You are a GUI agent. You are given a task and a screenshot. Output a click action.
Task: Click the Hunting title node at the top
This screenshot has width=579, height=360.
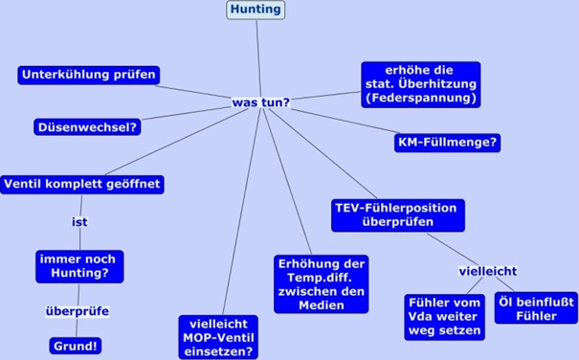(x=256, y=10)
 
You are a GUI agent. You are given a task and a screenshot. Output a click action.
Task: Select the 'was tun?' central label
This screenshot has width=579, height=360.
(x=260, y=101)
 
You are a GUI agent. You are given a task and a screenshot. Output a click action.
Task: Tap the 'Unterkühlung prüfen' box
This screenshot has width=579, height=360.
(x=87, y=75)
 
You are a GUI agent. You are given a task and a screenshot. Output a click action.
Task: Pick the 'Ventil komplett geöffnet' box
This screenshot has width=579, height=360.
(x=83, y=183)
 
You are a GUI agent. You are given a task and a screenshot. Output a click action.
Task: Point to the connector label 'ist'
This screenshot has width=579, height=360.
(x=80, y=222)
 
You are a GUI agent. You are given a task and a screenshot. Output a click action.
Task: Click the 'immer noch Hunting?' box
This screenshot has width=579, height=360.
(x=79, y=265)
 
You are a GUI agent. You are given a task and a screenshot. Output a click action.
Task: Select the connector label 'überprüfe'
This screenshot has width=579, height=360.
(x=78, y=311)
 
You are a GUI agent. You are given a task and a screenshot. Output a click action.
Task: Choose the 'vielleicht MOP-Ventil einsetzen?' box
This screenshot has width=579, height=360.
(x=217, y=337)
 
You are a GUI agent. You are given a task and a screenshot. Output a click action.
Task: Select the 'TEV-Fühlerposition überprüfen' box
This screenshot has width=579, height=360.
(x=395, y=214)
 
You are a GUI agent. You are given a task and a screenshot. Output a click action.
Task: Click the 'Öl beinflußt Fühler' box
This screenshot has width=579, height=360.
(x=536, y=308)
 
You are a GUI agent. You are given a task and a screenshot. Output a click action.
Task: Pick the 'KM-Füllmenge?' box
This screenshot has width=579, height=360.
(x=448, y=143)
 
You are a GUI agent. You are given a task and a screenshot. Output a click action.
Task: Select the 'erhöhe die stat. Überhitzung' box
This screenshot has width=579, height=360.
(x=420, y=83)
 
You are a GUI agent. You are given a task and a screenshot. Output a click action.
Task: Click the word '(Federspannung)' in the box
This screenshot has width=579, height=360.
(x=420, y=98)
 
